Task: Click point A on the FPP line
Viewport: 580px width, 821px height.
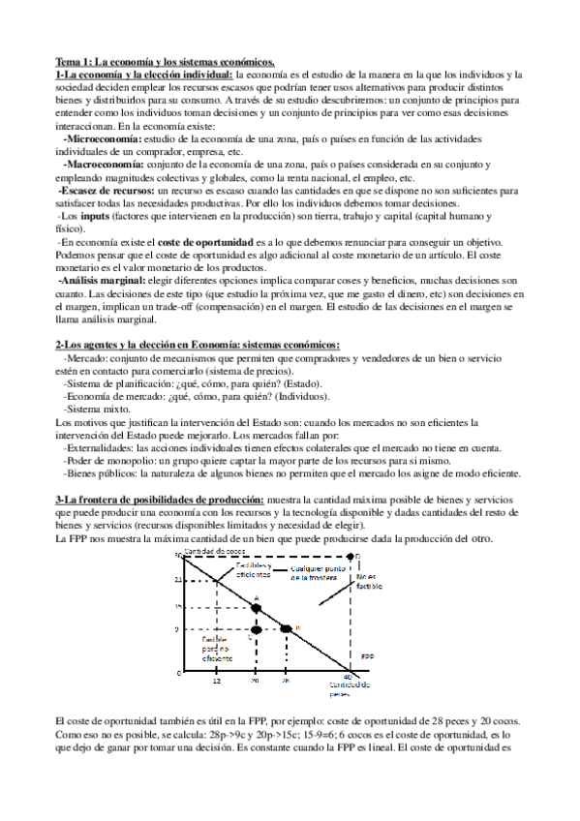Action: pyautogui.click(x=256, y=608)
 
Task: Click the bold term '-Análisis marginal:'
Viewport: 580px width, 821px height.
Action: pyautogui.click(x=97, y=280)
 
